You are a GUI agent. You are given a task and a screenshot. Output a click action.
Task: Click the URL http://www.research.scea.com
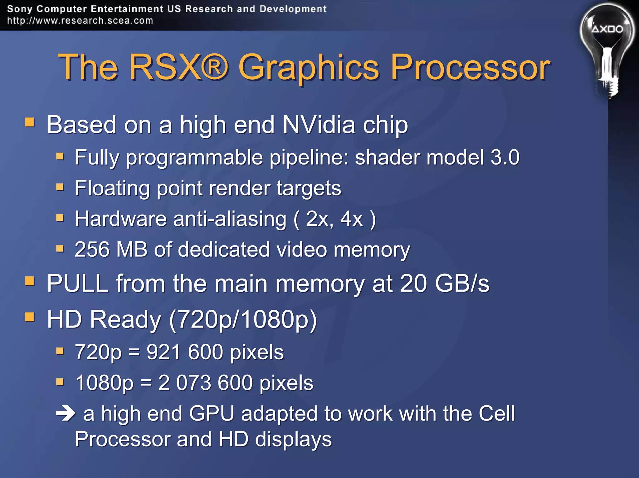pyautogui.click(x=80, y=21)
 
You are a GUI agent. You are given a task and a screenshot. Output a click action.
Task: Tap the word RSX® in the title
pyautogui.click(x=178, y=67)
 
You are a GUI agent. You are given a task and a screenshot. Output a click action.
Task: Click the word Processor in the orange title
pyautogui.click(x=470, y=67)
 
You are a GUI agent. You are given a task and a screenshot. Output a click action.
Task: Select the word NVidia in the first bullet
pyautogui.click(x=319, y=125)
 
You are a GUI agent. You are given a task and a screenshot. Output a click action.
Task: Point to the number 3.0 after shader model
pyautogui.click(x=505, y=157)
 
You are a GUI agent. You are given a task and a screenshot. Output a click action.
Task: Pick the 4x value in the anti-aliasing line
pyautogui.click(x=352, y=219)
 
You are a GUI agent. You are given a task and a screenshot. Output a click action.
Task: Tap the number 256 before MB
pyautogui.click(x=92, y=249)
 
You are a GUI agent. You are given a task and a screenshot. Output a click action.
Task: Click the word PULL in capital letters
pyautogui.click(x=77, y=283)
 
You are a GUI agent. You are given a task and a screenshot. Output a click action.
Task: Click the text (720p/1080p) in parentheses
pyautogui.click(x=243, y=319)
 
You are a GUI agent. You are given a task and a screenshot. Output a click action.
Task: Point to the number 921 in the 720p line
pyautogui.click(x=163, y=352)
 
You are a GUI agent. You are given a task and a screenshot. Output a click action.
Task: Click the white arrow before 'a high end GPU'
pyautogui.click(x=66, y=414)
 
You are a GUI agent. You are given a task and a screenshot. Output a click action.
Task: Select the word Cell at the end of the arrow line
pyautogui.click(x=496, y=413)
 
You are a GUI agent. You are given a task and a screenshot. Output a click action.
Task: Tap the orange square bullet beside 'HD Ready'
pyautogui.click(x=30, y=317)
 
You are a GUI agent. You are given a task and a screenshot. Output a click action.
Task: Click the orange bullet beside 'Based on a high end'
pyautogui.click(x=30, y=122)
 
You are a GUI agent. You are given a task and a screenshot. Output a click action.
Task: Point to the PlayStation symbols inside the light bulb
pyautogui.click(x=607, y=29)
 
